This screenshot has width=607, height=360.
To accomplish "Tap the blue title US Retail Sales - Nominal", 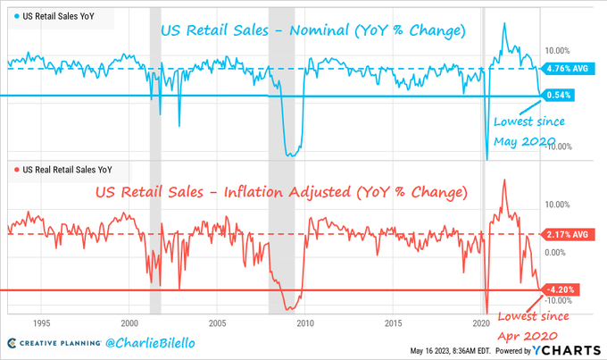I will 312,31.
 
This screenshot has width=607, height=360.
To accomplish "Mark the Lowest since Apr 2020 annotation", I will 529,325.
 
